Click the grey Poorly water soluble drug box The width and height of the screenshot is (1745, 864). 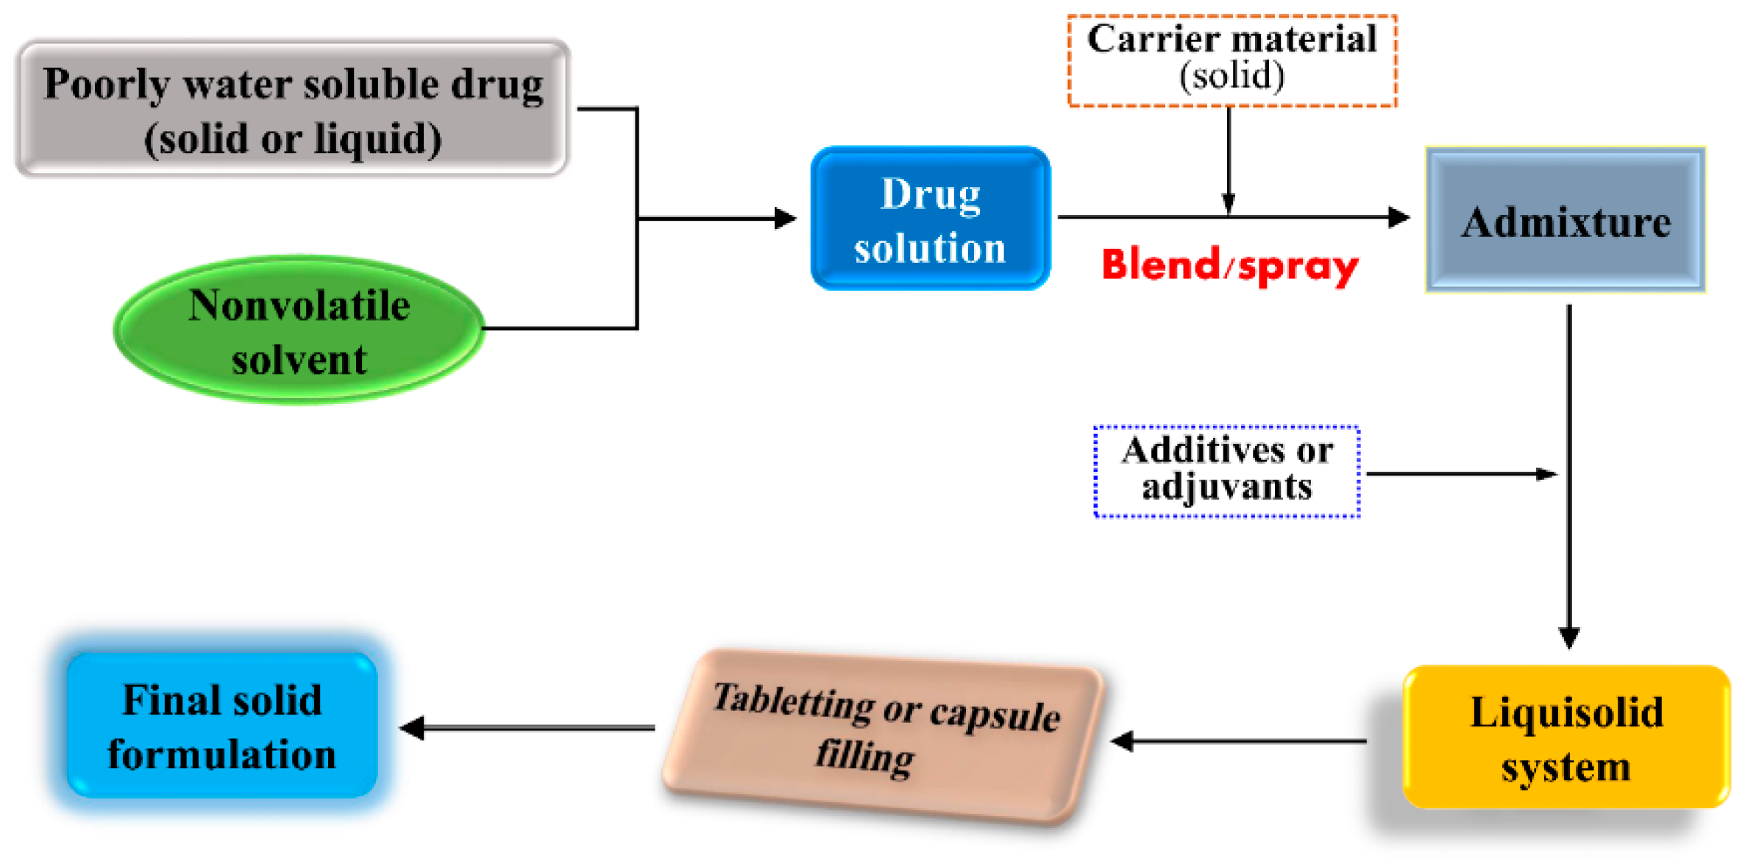(292, 109)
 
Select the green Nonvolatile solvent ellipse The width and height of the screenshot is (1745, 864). (299, 330)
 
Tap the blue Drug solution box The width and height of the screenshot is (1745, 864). (930, 219)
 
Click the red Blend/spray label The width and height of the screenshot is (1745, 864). (1229, 266)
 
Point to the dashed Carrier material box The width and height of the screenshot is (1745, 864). (1232, 60)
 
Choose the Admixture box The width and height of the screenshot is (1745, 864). (1565, 220)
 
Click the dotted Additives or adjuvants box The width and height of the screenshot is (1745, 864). (1226, 471)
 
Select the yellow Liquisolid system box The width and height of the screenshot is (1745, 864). (1565, 737)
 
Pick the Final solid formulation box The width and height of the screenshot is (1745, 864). (221, 726)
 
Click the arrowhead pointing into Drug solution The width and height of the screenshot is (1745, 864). (786, 219)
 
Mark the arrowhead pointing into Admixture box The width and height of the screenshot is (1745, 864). (1399, 217)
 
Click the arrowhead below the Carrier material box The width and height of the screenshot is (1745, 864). (1228, 202)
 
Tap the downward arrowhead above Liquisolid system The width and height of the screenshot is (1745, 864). (1568, 637)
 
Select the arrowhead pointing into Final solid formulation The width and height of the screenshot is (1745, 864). (412, 728)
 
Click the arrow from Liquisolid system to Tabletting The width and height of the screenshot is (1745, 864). (1243, 741)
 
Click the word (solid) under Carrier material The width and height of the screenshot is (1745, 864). (1232, 76)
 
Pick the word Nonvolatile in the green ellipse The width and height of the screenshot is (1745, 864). (299, 305)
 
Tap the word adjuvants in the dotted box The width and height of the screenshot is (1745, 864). (1226, 487)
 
